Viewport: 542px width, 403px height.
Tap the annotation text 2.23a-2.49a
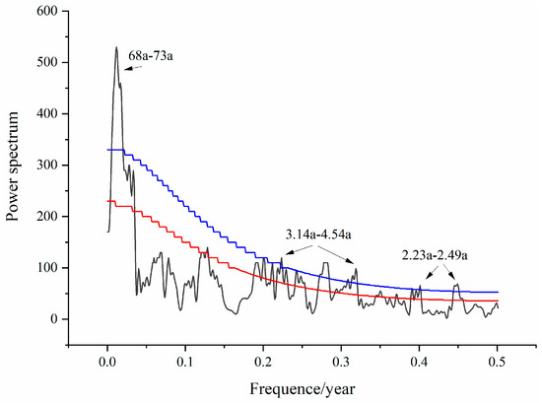click(435, 255)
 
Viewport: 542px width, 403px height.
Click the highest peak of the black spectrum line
click(115, 47)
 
